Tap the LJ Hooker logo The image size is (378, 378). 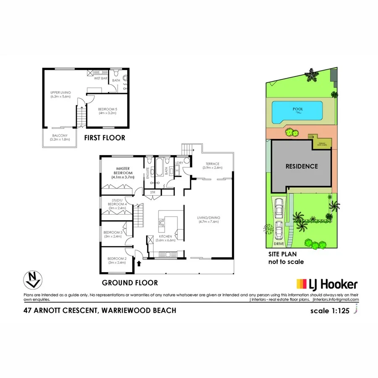click(327, 284)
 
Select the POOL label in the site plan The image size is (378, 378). click(298, 109)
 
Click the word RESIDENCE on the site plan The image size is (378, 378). click(302, 166)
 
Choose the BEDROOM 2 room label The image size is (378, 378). click(117, 260)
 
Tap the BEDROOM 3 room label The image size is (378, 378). click(113, 234)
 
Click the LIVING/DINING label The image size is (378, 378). click(209, 220)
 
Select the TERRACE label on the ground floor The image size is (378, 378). click(213, 165)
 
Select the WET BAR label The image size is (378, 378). click(100, 78)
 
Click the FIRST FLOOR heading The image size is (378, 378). click(105, 138)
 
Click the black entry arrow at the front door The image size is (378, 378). click(139, 263)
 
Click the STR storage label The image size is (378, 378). click(153, 192)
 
